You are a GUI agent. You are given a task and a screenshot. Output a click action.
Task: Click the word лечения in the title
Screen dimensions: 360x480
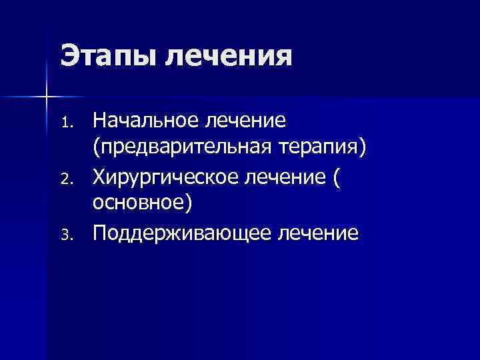(229, 56)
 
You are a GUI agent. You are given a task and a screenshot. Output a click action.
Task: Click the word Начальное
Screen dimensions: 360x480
(147, 121)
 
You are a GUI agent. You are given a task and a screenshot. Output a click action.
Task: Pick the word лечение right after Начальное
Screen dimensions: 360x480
(247, 121)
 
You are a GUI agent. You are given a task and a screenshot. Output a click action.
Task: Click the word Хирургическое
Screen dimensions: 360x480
(169, 177)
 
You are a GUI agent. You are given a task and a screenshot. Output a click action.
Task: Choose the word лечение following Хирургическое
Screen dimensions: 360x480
(291, 177)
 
